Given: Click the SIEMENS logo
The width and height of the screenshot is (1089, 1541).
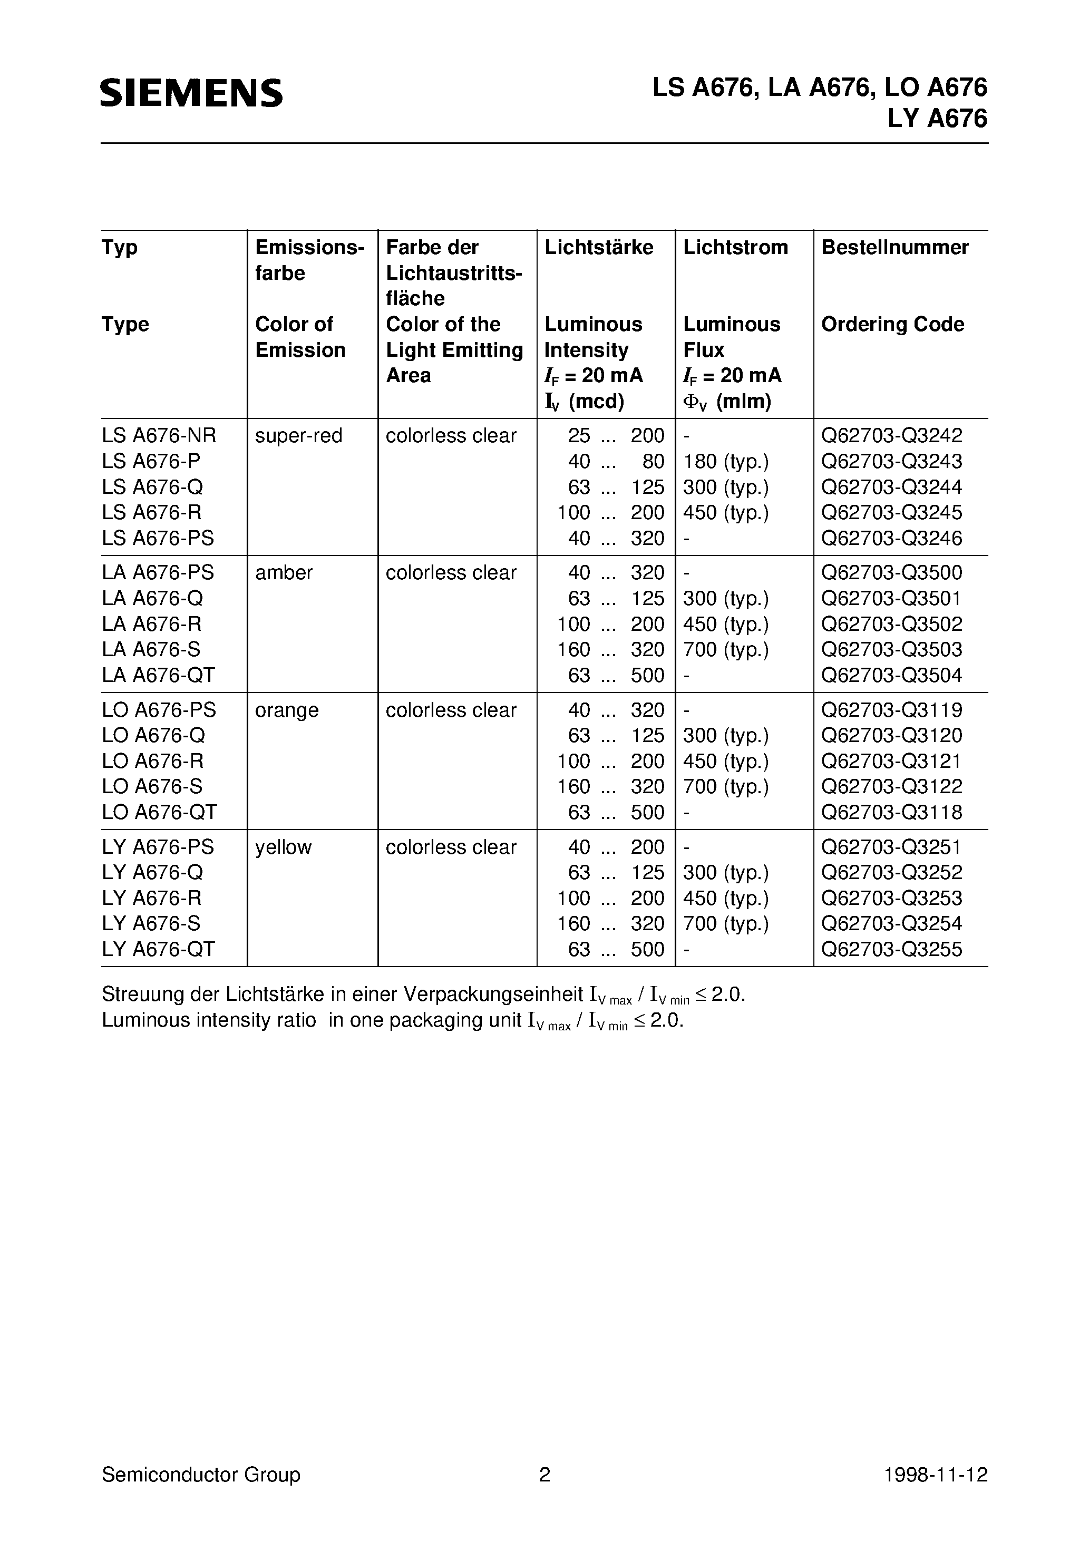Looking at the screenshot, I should [191, 93].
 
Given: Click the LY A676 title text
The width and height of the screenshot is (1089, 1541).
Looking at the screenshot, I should [937, 119].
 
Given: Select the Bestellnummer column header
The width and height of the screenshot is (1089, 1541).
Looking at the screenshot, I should [894, 248].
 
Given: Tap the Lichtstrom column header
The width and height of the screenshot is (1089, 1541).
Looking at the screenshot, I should [735, 248].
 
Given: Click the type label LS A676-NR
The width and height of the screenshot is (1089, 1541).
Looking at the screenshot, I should [159, 436].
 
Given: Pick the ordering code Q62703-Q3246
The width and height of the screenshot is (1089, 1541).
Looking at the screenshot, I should [892, 538].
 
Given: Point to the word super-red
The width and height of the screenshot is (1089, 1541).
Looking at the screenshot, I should [299, 436].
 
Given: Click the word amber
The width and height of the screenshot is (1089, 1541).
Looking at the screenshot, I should [284, 572].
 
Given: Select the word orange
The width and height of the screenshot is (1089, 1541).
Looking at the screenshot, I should [287, 710].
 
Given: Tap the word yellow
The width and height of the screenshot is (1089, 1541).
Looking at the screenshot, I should [284, 847].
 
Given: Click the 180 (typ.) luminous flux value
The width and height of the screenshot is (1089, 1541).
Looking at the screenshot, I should [726, 462].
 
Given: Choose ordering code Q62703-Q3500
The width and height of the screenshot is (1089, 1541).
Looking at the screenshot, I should [892, 572].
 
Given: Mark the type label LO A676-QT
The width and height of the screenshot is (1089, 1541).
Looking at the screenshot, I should [160, 812].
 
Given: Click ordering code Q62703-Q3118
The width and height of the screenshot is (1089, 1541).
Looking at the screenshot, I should [892, 812].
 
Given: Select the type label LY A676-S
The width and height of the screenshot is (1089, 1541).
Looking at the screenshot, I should [151, 923].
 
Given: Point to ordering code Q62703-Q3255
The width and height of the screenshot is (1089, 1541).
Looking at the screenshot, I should [892, 949].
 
